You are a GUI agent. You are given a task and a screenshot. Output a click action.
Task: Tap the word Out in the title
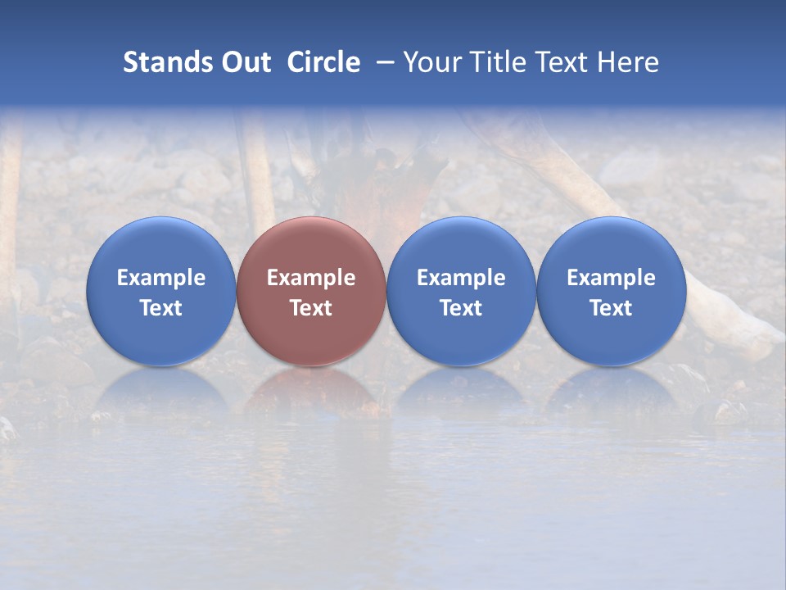click(245, 62)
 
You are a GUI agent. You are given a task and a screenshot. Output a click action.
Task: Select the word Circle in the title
click(323, 62)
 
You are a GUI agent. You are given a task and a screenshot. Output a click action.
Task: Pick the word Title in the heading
click(499, 62)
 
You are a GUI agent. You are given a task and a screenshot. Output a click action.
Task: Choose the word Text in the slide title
click(565, 62)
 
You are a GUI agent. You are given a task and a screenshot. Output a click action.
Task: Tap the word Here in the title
click(629, 62)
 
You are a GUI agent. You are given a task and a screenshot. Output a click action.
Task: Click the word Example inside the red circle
click(311, 278)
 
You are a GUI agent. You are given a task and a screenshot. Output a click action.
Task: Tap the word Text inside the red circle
click(311, 308)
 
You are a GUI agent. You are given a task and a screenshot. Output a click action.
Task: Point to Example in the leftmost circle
click(160, 278)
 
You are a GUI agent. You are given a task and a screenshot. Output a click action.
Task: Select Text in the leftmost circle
click(160, 308)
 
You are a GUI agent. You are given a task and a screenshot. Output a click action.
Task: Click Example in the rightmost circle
click(612, 278)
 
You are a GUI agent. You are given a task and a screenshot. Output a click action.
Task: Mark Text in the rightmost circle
click(612, 308)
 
